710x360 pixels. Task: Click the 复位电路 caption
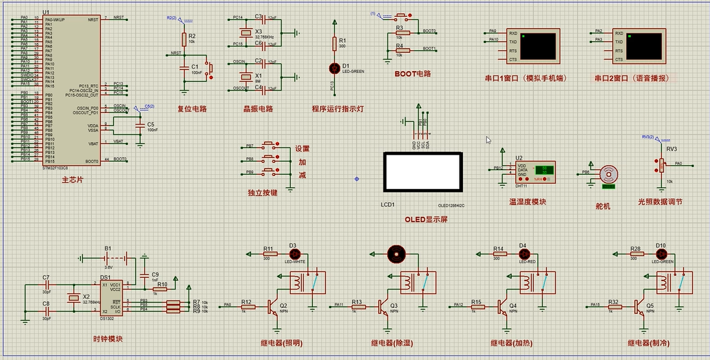192,109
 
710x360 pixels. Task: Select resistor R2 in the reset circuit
184,37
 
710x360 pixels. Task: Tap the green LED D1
335,67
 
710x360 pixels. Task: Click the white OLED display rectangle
423,172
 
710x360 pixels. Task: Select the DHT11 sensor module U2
535,171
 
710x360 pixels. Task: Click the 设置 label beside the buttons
303,148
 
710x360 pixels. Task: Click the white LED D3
293,254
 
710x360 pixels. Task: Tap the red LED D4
523,254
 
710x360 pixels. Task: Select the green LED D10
660,254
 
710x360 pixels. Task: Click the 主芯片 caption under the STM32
73,179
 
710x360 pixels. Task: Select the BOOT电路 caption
413,74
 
